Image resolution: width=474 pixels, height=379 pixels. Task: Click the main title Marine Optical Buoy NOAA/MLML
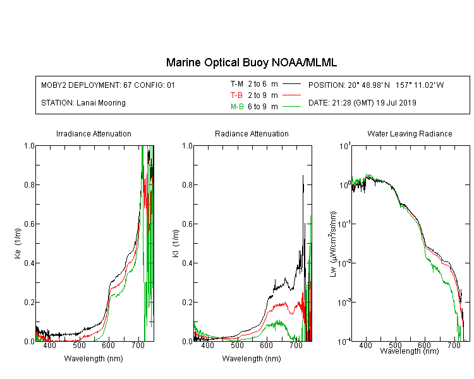pyautogui.click(x=251, y=63)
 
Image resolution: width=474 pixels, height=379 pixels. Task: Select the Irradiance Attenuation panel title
pyautogui.click(x=94, y=133)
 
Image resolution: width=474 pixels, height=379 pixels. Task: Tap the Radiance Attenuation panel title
pyautogui.click(x=252, y=133)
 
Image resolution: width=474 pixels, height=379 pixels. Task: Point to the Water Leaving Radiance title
pyautogui.click(x=410, y=133)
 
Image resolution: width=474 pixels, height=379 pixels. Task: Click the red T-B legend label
pyautogui.click(x=236, y=95)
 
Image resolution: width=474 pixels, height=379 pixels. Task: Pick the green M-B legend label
pyautogui.click(x=237, y=107)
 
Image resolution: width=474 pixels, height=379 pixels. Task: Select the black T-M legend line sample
pyautogui.click(x=291, y=84)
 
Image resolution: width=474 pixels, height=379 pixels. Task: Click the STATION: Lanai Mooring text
pyautogui.click(x=83, y=103)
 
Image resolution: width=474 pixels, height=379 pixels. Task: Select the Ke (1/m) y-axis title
pyautogui.click(x=18, y=243)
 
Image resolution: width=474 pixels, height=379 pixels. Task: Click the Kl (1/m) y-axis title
pyautogui.click(x=176, y=243)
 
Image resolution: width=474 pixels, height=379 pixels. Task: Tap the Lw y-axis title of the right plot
pyautogui.click(x=333, y=244)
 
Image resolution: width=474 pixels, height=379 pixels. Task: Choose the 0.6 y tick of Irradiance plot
pyautogui.click(x=29, y=224)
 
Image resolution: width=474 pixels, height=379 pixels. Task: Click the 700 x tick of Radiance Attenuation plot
pyautogui.click(x=296, y=345)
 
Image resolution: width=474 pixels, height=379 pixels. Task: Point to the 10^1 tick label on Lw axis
pyautogui.click(x=344, y=146)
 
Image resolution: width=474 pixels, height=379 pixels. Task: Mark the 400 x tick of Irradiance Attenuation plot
pyautogui.click(x=49, y=345)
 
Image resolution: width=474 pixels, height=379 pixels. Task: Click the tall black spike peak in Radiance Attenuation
pyautogui.click(x=303, y=176)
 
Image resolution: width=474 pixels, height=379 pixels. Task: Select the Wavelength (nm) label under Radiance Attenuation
pyautogui.click(x=252, y=359)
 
